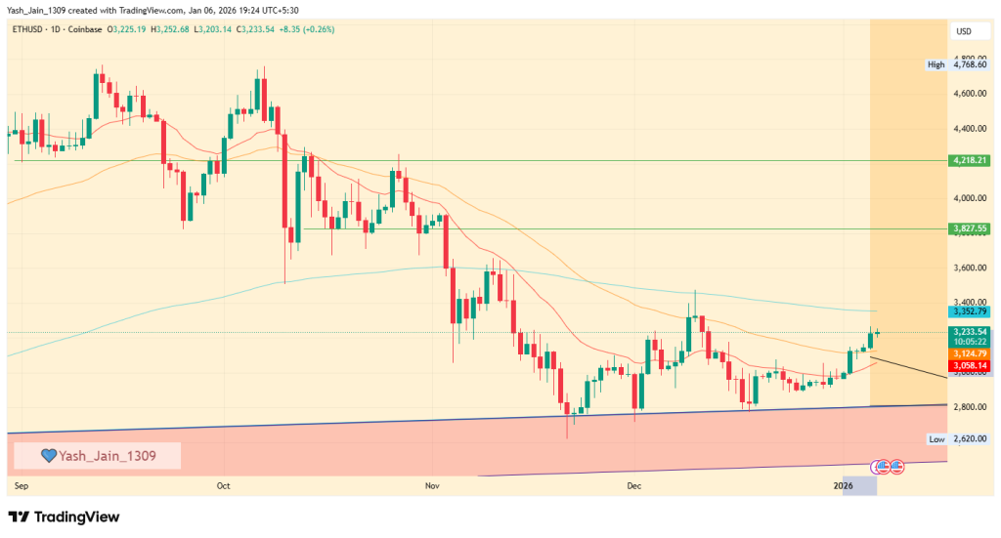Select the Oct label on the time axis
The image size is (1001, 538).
click(x=223, y=484)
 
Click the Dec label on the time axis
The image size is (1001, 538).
click(x=633, y=484)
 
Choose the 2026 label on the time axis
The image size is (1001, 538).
click(x=855, y=484)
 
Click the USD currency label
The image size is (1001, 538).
click(x=963, y=32)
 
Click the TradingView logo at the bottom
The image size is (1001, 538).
click(x=64, y=517)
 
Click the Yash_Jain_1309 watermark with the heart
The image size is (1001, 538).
click(x=97, y=455)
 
